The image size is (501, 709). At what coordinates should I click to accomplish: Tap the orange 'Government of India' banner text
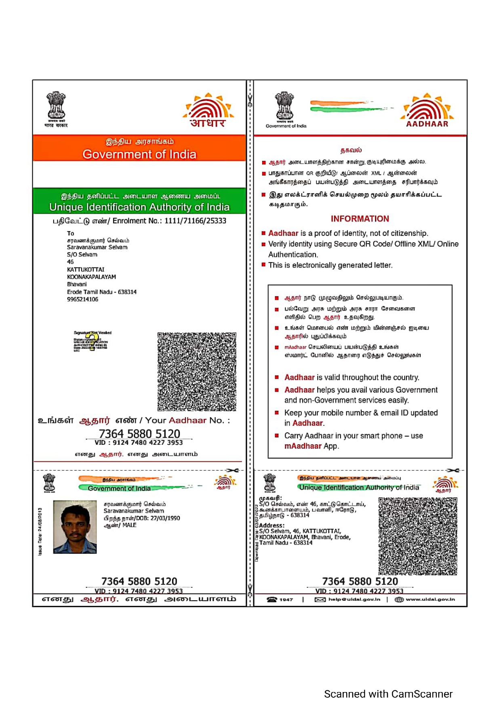tap(139, 154)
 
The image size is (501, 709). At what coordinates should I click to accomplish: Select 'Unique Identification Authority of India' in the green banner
tap(139, 207)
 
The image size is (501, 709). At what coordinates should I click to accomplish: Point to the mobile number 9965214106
tap(82, 299)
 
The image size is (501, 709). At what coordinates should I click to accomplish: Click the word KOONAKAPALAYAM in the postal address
tap(91, 277)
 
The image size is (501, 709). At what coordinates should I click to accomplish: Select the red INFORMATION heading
tap(360, 219)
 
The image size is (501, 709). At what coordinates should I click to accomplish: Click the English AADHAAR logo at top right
tap(427, 111)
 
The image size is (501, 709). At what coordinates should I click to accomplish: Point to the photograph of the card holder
tap(75, 527)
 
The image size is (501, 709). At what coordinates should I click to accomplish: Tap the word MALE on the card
tap(129, 525)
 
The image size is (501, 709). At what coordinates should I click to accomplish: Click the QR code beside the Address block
tap(418, 536)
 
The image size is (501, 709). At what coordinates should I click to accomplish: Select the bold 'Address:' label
tap(272, 526)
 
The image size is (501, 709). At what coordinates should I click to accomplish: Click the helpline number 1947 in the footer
tap(286, 600)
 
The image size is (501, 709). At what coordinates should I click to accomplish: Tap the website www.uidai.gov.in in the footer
tap(430, 600)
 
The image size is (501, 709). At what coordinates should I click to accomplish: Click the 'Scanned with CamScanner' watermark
tap(388, 694)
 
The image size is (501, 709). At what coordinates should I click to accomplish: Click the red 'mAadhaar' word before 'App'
tap(303, 446)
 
